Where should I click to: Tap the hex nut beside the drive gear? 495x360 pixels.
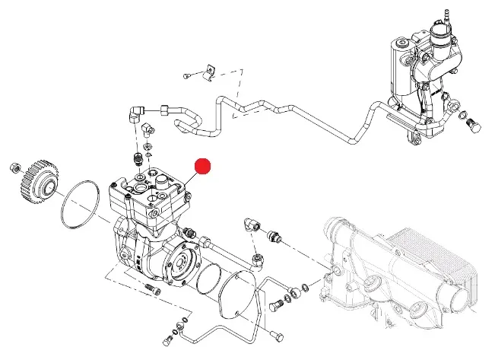point(12,166)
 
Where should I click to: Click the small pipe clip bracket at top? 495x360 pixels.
point(210,71)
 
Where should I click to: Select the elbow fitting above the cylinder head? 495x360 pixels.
point(135,115)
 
